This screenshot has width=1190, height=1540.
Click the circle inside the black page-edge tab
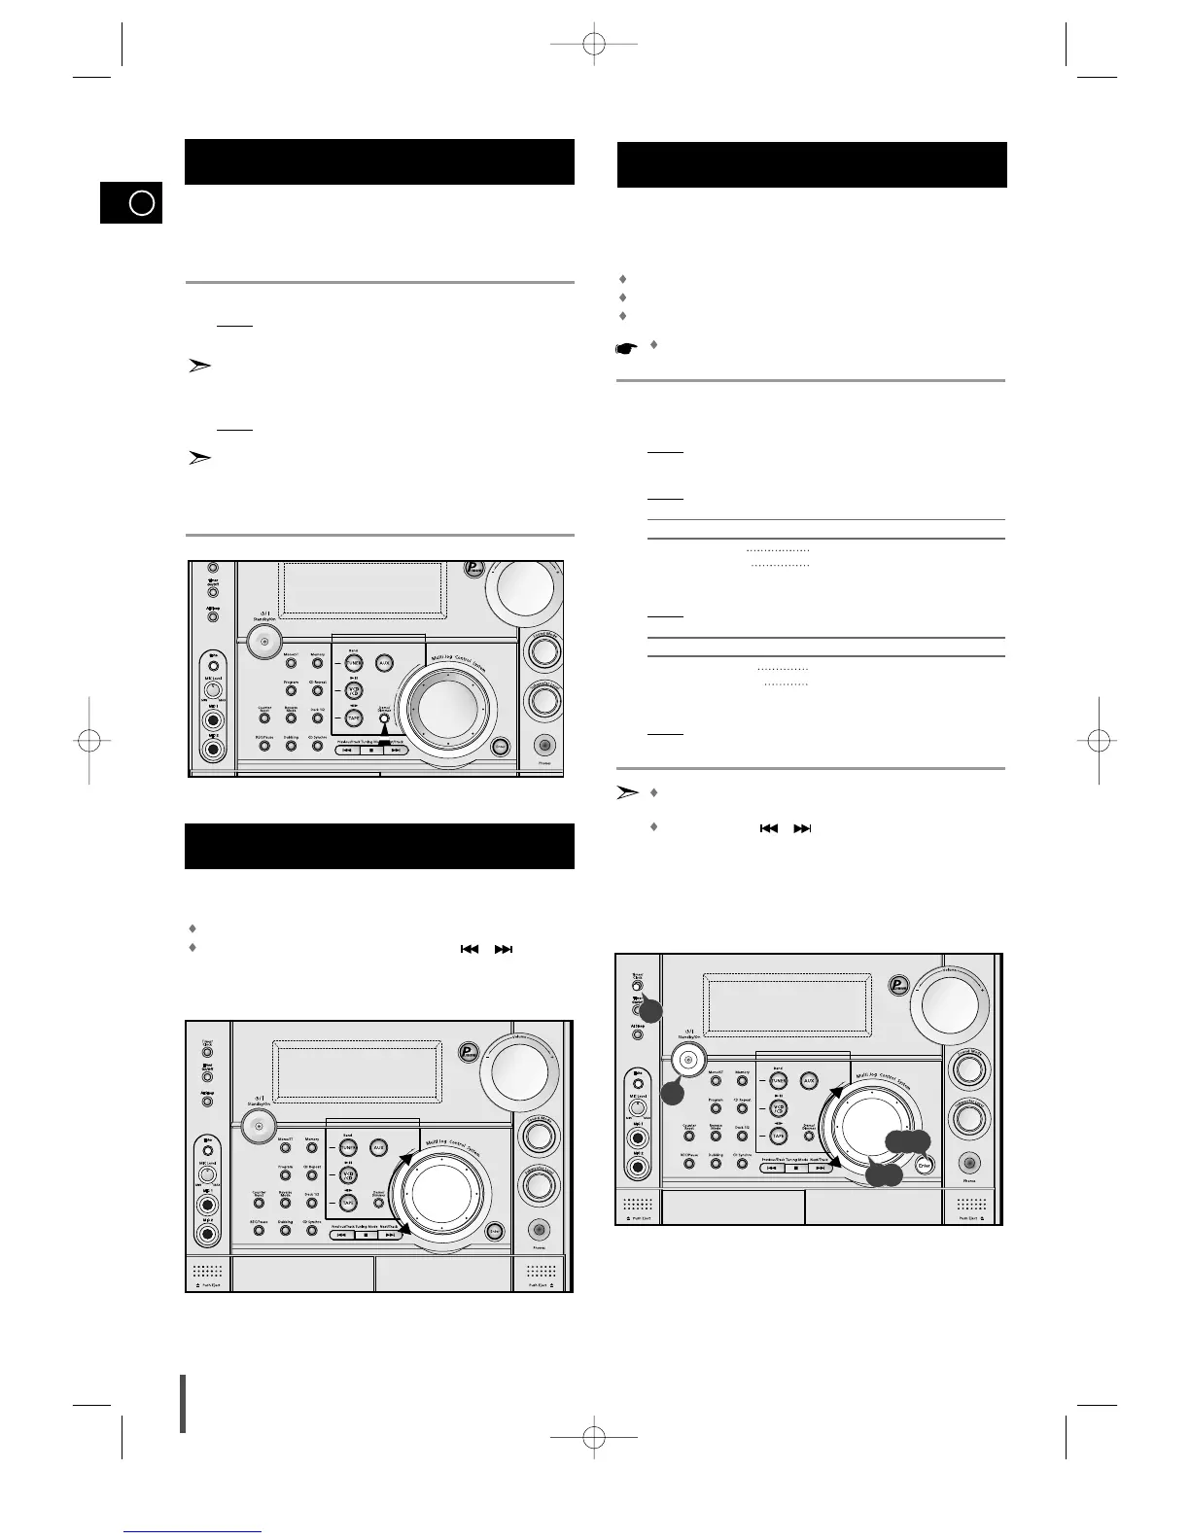click(141, 205)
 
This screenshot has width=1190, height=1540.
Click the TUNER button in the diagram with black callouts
click(779, 1080)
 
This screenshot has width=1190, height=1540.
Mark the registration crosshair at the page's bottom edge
click(594, 1434)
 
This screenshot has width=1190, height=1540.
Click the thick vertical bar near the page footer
click(182, 1403)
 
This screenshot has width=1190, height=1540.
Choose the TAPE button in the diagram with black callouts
click(779, 1135)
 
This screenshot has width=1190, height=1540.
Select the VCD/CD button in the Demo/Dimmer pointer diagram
click(353, 689)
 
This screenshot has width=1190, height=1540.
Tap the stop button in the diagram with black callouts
click(795, 1168)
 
